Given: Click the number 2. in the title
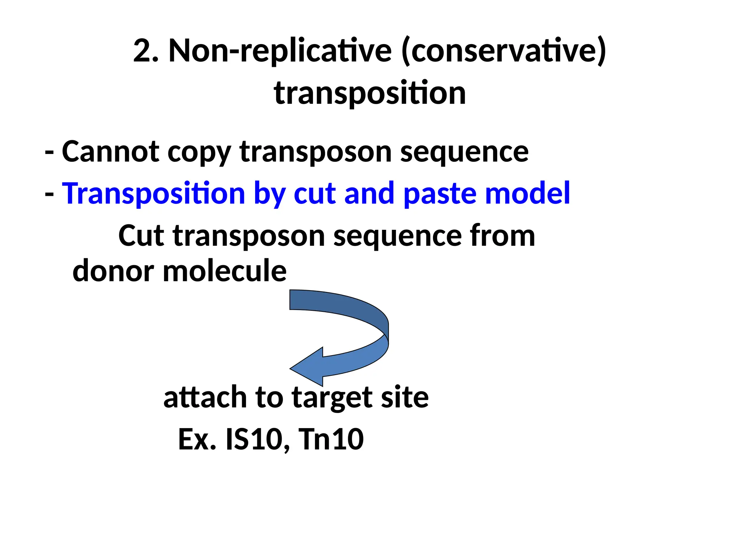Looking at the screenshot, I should click(146, 51).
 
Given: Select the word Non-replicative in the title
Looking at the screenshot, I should click(280, 51).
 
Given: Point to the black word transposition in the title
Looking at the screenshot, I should click(370, 93).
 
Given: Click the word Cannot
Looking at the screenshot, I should click(111, 151).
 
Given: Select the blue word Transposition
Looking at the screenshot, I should click(154, 194).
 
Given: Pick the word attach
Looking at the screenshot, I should click(205, 397).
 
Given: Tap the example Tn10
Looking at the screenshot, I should click(331, 439).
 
